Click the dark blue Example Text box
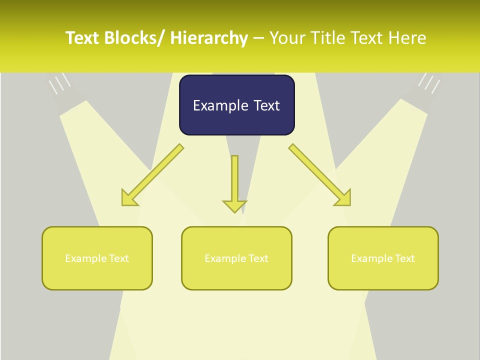pyautogui.click(x=236, y=105)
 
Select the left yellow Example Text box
pyautogui.click(x=97, y=258)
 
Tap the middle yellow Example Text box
pyautogui.click(x=236, y=258)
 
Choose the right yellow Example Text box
pyautogui.click(x=383, y=258)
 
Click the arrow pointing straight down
pyautogui.click(x=234, y=182)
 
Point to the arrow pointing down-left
pyautogui.click(x=152, y=175)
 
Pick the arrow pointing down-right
pyautogui.click(x=320, y=175)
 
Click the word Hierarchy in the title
pyautogui.click(x=209, y=38)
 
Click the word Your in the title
pyautogui.click(x=287, y=38)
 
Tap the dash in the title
pyautogui.click(x=258, y=38)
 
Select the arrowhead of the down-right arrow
pyautogui.click(x=344, y=198)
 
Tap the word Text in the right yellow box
pyautogui.click(x=404, y=258)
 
